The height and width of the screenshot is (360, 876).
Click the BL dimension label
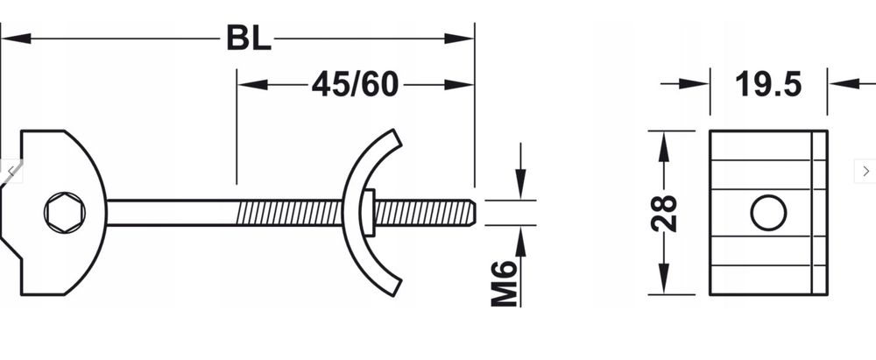click(248, 39)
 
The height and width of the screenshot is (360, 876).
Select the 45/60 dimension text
click(355, 84)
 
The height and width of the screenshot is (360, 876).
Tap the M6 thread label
click(503, 282)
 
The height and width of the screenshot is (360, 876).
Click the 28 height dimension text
click(665, 213)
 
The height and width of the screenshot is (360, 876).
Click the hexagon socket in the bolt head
click(61, 213)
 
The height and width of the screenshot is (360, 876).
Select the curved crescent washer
click(361, 213)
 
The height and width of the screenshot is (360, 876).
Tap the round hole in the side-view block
click(768, 213)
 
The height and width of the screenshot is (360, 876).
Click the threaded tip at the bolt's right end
click(469, 212)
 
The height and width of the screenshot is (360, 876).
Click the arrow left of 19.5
click(696, 84)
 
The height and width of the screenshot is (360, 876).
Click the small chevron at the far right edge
click(865, 170)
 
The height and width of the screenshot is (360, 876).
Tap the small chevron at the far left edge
click(10, 170)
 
